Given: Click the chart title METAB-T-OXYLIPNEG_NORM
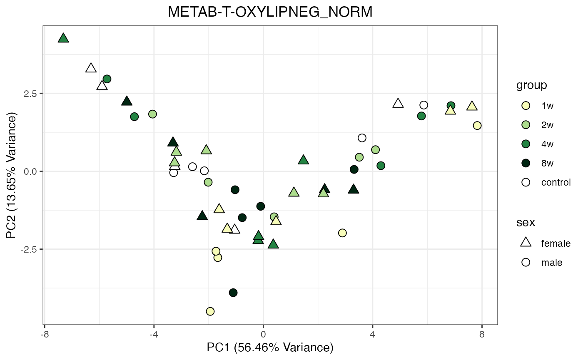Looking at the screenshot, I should click(x=270, y=12).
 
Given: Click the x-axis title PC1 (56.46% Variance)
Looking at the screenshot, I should click(x=270, y=348).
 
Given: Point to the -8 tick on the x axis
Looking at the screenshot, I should click(x=45, y=334).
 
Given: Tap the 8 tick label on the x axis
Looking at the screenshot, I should click(x=482, y=334).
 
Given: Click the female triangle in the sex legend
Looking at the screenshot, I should click(x=526, y=243).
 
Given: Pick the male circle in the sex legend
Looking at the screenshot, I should click(x=526, y=262).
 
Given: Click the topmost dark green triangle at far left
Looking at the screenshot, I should click(x=63, y=38).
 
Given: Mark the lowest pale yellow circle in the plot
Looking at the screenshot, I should click(x=210, y=311).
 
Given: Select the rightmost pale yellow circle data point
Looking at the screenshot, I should click(x=477, y=126).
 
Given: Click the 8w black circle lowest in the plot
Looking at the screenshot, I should click(x=233, y=293).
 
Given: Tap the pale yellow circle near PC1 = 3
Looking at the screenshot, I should click(x=342, y=233).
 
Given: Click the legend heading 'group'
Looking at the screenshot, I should click(x=531, y=86).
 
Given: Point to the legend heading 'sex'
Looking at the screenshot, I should click(x=526, y=223).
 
